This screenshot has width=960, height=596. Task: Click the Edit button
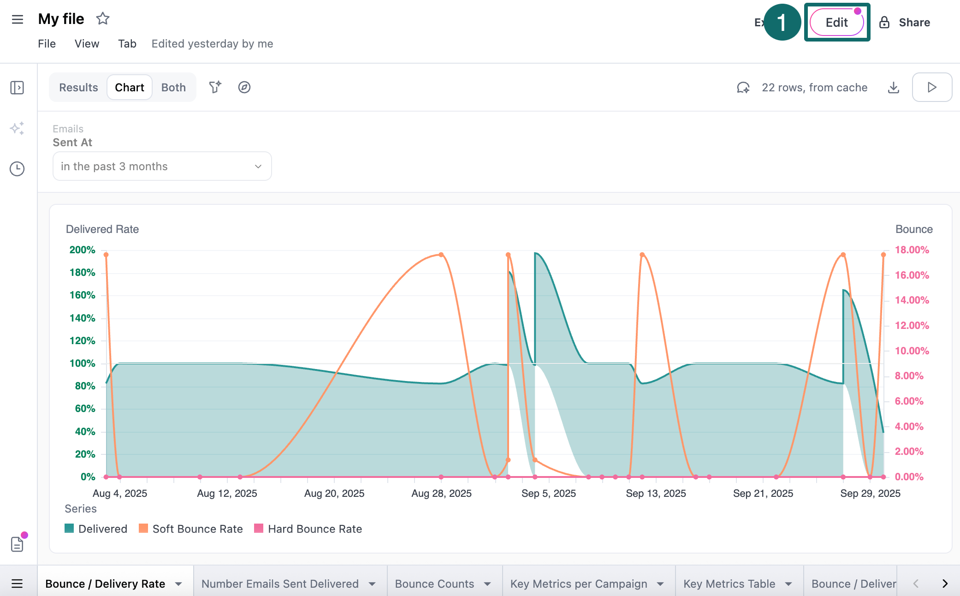(836, 22)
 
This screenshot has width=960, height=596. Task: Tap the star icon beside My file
(102, 19)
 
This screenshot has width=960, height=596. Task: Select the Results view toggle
(78, 87)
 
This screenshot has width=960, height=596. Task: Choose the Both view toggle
(173, 87)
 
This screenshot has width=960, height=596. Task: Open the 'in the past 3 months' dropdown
(162, 166)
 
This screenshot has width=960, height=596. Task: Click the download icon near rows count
(894, 87)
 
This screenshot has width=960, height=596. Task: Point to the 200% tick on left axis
(82, 250)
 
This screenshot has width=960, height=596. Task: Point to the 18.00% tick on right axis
(912, 250)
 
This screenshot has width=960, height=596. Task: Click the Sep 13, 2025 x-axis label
(656, 493)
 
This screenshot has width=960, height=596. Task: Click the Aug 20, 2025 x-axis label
(334, 493)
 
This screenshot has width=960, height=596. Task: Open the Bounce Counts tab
(434, 584)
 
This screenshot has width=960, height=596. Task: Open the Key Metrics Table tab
(729, 584)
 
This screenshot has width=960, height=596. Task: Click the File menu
(47, 43)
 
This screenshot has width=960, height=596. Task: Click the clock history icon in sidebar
(17, 169)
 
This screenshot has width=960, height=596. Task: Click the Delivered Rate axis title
(102, 229)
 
